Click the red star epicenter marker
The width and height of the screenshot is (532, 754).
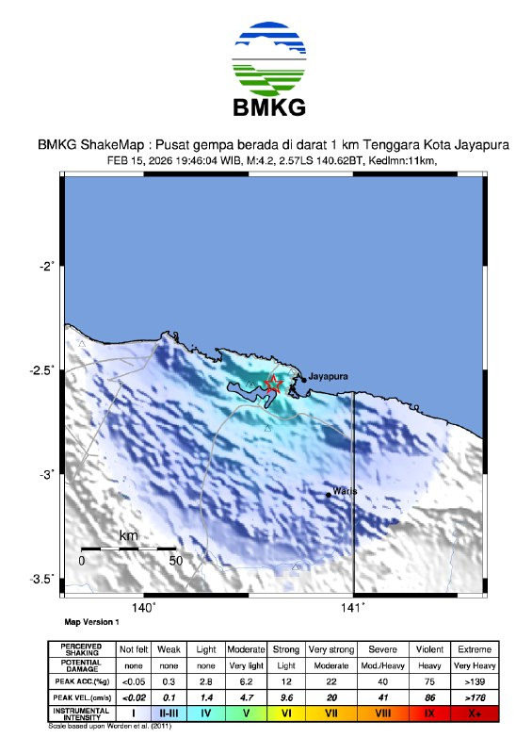coord(273,385)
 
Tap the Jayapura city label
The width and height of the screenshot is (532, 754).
coord(329,376)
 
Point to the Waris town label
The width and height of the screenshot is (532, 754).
coord(346,490)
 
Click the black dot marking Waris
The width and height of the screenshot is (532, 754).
coord(328,494)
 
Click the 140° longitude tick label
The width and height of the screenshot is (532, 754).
coord(144,609)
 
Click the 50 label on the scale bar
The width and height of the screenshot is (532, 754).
coord(175,560)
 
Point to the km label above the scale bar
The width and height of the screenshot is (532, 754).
coord(129,536)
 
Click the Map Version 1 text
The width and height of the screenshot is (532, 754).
coord(91,623)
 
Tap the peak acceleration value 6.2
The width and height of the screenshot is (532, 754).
coord(245,680)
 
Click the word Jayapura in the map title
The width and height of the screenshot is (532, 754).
coord(473,145)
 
